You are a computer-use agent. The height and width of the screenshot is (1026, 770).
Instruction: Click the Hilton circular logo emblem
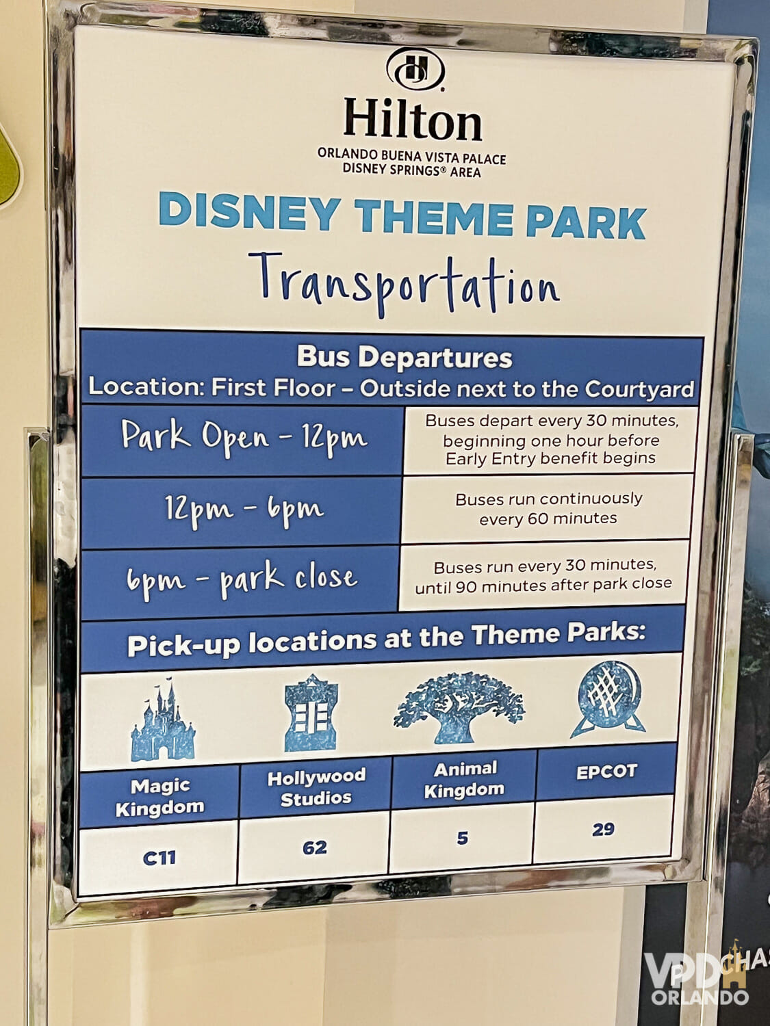(x=415, y=69)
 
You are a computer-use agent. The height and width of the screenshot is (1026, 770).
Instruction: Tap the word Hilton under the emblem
(x=413, y=120)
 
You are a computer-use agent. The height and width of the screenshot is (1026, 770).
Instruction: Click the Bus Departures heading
(x=404, y=357)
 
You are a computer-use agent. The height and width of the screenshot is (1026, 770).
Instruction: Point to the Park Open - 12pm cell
(x=244, y=438)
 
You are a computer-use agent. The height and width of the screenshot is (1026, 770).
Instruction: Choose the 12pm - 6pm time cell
(x=243, y=510)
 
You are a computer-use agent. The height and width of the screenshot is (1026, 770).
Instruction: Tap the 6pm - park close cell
(x=241, y=581)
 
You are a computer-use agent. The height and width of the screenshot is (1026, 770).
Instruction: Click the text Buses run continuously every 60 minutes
(x=548, y=508)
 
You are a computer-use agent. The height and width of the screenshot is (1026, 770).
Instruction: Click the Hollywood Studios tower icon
(x=311, y=714)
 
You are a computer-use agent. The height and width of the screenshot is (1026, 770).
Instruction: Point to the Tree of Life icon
(x=459, y=706)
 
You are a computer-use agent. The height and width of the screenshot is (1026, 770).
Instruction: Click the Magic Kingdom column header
(x=159, y=797)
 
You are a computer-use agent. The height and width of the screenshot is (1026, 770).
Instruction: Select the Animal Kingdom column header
(x=464, y=779)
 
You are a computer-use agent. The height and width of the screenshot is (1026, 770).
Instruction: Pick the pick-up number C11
(x=159, y=858)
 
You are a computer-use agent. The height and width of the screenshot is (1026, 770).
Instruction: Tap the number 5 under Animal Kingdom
(x=463, y=838)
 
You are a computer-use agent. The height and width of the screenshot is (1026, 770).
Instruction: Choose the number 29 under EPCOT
(x=603, y=830)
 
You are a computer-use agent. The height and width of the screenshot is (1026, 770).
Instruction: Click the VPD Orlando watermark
(x=698, y=979)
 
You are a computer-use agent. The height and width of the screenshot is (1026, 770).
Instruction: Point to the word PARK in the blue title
(x=586, y=222)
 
